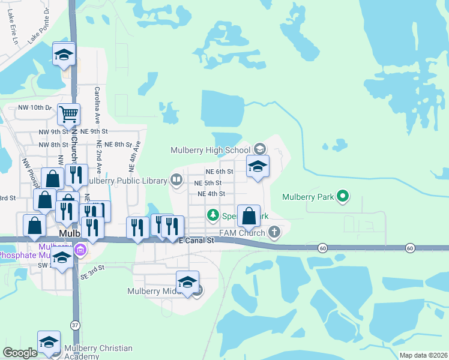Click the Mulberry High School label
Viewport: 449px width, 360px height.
210,150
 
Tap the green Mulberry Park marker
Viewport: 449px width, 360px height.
343,196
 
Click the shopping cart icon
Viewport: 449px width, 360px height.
69,113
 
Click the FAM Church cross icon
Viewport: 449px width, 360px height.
274,232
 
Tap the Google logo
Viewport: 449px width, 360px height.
20,353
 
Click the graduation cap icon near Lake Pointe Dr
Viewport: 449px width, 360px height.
64,55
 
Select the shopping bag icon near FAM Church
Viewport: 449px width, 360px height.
249,215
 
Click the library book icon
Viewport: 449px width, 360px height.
176,179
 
